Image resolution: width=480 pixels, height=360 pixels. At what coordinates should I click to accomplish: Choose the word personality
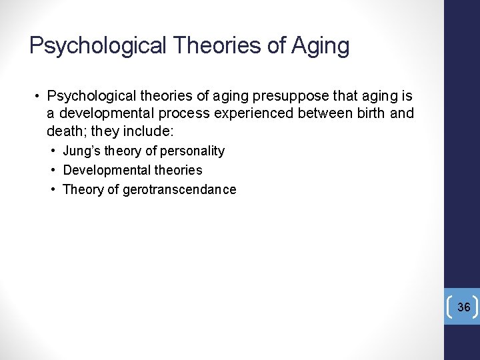coord(192,151)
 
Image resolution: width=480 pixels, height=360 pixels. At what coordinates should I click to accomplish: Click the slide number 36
coord(463,307)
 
